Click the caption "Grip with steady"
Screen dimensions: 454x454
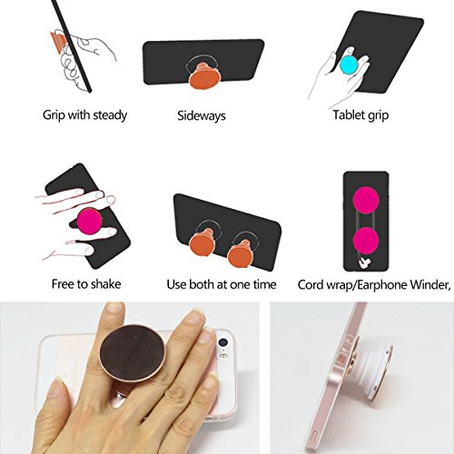tap(84, 115)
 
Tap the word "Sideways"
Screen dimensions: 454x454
tap(202, 115)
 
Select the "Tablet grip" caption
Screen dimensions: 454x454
tap(360, 115)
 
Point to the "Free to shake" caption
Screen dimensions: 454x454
tap(86, 284)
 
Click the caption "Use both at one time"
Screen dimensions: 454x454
tap(222, 284)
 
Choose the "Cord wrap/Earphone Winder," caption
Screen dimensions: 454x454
tap(374, 285)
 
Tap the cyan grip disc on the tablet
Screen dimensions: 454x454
tap(351, 65)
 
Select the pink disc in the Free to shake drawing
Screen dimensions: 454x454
tap(89, 222)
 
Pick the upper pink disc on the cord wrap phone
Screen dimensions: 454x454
tap(366, 200)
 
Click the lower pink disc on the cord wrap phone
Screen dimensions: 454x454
tap(366, 241)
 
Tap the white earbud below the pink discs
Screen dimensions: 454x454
tap(364, 263)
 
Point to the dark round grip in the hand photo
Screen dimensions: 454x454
tap(133, 354)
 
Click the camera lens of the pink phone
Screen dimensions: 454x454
tap(223, 343)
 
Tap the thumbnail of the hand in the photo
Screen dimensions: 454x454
tap(57, 390)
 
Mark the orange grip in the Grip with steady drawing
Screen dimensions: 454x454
tap(58, 43)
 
